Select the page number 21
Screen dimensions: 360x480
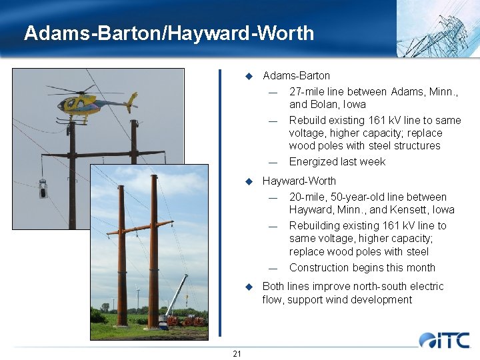[x=237, y=353]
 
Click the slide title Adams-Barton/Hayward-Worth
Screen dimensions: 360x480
[x=169, y=33]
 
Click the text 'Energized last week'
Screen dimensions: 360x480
[x=337, y=161]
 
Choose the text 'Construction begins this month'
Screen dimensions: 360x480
[x=362, y=267]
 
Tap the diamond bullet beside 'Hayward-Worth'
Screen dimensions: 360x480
[x=249, y=181]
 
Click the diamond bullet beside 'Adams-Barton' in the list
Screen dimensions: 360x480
[x=249, y=76]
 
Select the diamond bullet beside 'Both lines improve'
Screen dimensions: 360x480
[x=249, y=287]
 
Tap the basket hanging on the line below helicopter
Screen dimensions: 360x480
[x=43, y=189]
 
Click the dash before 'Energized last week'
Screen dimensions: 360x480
[x=273, y=162]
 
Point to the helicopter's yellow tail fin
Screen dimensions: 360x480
[x=131, y=100]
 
